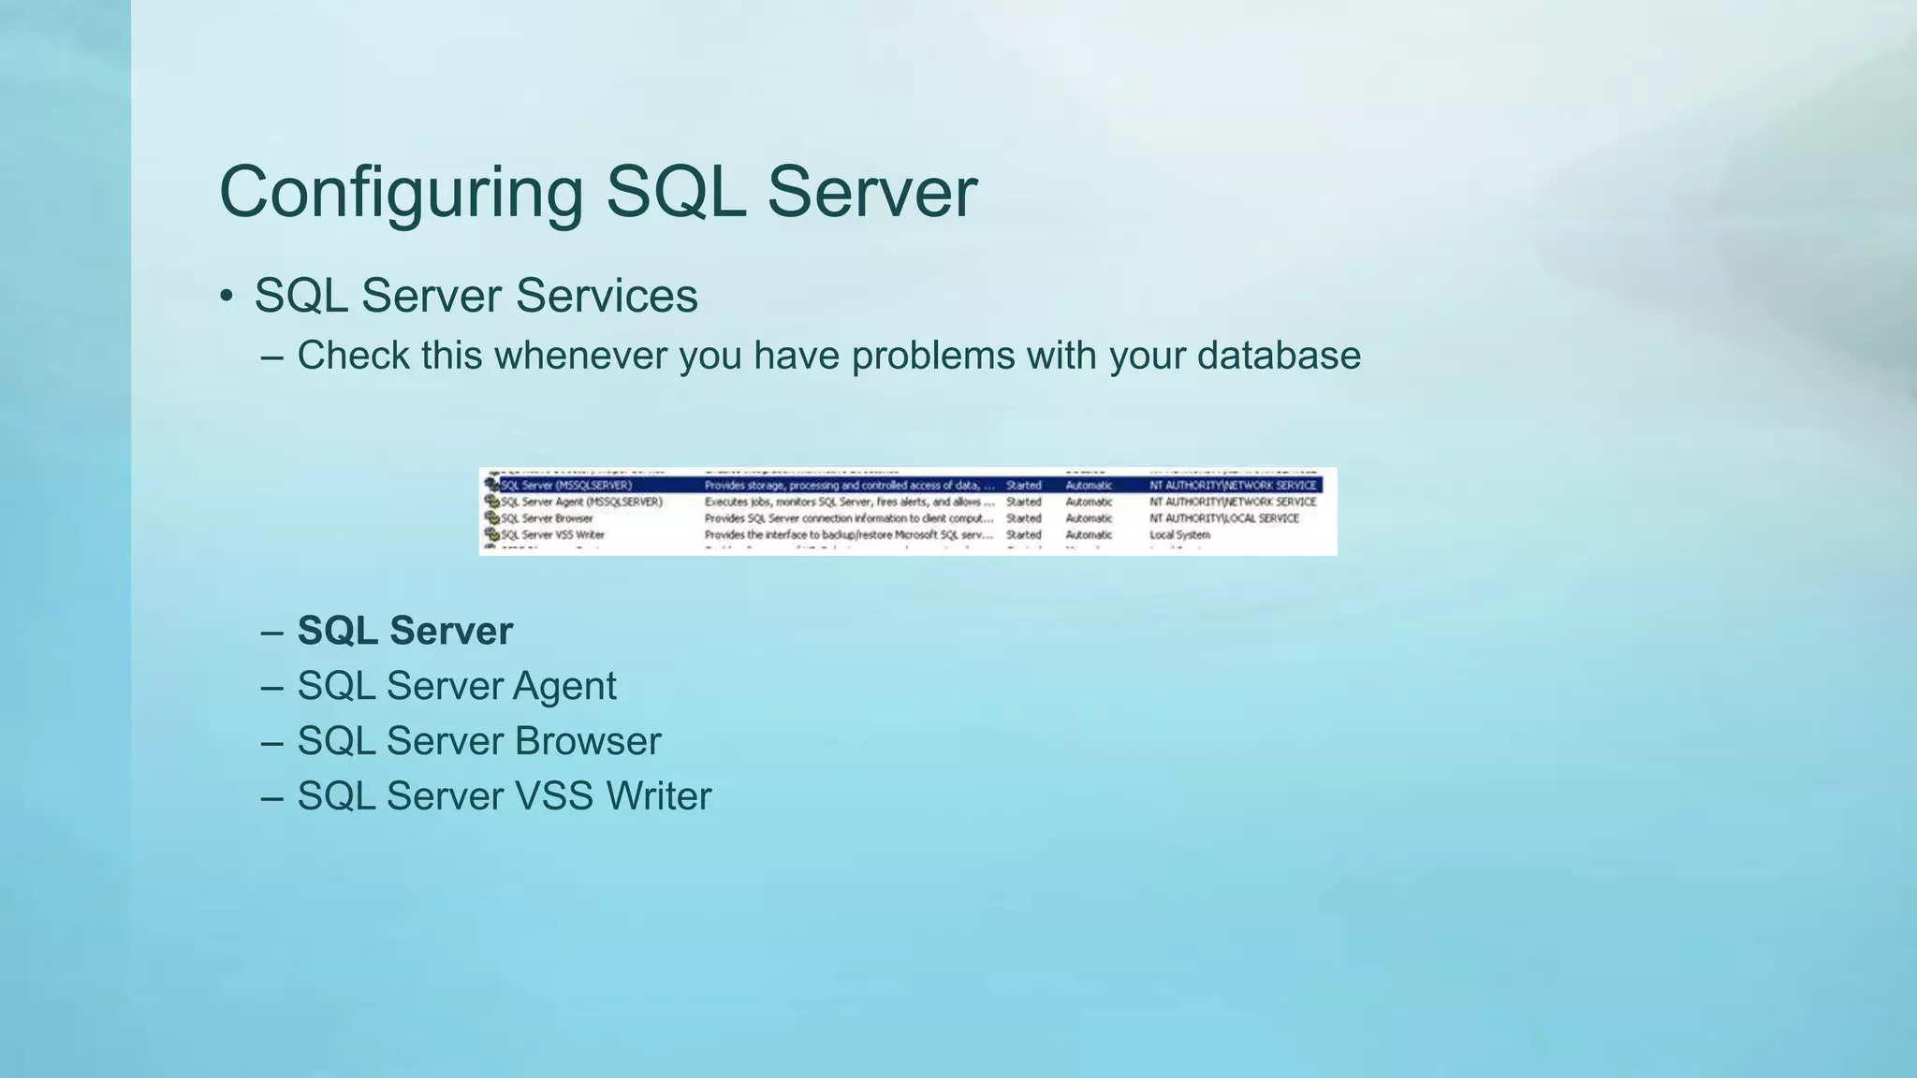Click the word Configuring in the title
coord(401,193)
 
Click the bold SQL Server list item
coord(404,631)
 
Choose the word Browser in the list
coord(587,741)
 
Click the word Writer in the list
coord(658,796)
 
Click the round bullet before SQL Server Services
coord(226,297)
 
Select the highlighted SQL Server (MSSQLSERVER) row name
coord(566,486)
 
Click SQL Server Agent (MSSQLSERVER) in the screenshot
coord(581,502)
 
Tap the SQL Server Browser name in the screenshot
coord(547,518)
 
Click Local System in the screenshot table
coord(1179,535)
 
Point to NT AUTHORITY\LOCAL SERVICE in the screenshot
coord(1223,518)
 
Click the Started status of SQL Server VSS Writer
coord(1023,535)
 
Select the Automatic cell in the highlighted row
coord(1089,486)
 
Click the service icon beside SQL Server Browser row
coord(491,518)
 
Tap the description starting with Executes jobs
coord(848,502)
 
